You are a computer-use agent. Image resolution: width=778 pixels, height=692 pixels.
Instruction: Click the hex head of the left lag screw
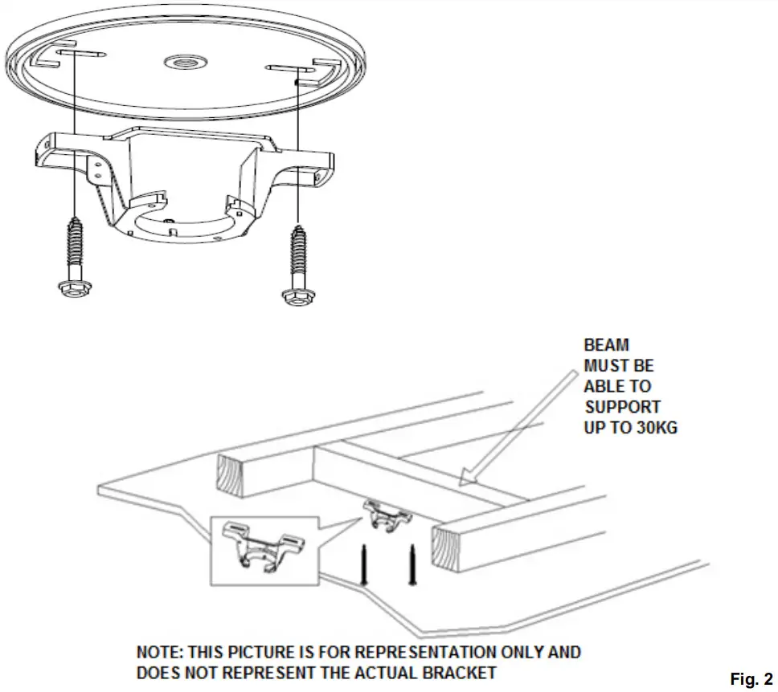point(76,288)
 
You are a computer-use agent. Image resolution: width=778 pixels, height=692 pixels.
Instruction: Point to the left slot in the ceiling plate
point(80,53)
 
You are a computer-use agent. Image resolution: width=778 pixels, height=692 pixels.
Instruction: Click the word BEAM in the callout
point(606,346)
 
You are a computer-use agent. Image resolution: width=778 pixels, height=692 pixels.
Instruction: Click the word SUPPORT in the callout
point(622,407)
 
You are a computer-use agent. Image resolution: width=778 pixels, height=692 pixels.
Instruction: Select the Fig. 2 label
point(751,678)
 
